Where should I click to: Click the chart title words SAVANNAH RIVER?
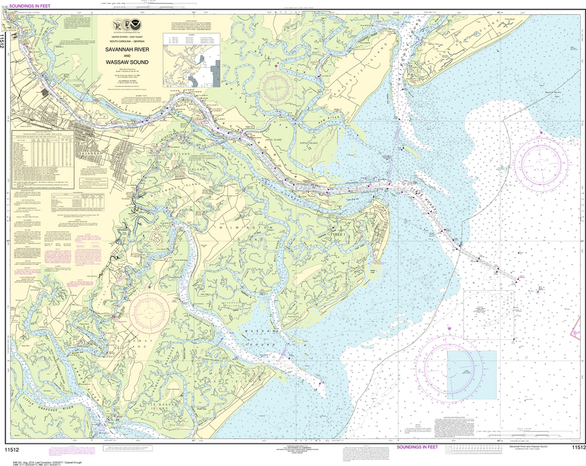pyautogui.click(x=126, y=50)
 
